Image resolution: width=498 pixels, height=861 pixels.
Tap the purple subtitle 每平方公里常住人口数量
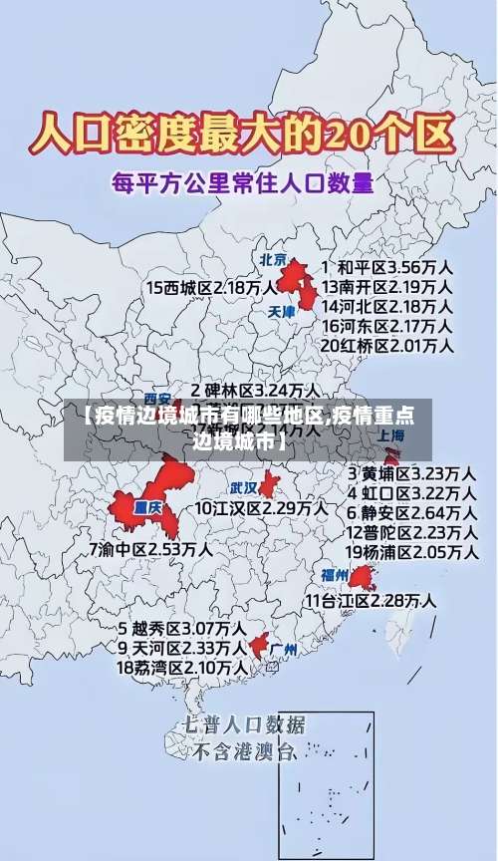(242, 183)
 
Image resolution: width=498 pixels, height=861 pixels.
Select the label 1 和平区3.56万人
(386, 268)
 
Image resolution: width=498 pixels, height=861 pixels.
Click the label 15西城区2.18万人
(211, 287)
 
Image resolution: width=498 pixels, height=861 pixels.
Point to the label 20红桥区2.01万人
(386, 346)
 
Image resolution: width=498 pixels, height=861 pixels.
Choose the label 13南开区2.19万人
(386, 287)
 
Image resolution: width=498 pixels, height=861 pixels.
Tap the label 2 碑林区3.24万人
(255, 390)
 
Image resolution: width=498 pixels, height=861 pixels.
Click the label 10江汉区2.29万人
(261, 508)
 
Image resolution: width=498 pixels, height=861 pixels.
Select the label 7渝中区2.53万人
(149, 548)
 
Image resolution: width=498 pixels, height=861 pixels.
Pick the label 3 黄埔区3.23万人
(410, 472)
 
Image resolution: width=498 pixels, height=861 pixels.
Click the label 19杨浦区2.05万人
(410, 551)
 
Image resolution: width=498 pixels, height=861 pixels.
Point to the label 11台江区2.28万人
(371, 600)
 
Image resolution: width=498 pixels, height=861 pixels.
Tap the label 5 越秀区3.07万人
(181, 629)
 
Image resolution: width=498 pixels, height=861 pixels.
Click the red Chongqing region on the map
(144, 503)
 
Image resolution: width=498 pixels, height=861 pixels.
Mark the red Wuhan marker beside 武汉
(268, 485)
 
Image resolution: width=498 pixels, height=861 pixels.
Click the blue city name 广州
(284, 650)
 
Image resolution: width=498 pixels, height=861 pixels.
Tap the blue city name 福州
(334, 575)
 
